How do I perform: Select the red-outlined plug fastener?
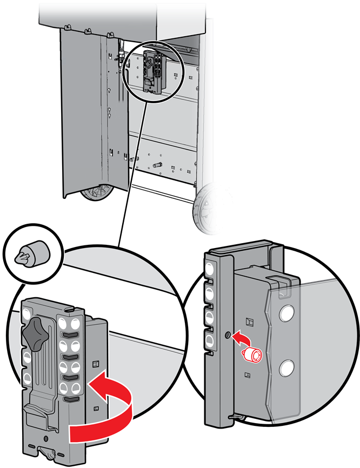pos(252,355)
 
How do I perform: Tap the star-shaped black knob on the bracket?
pos(36,330)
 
